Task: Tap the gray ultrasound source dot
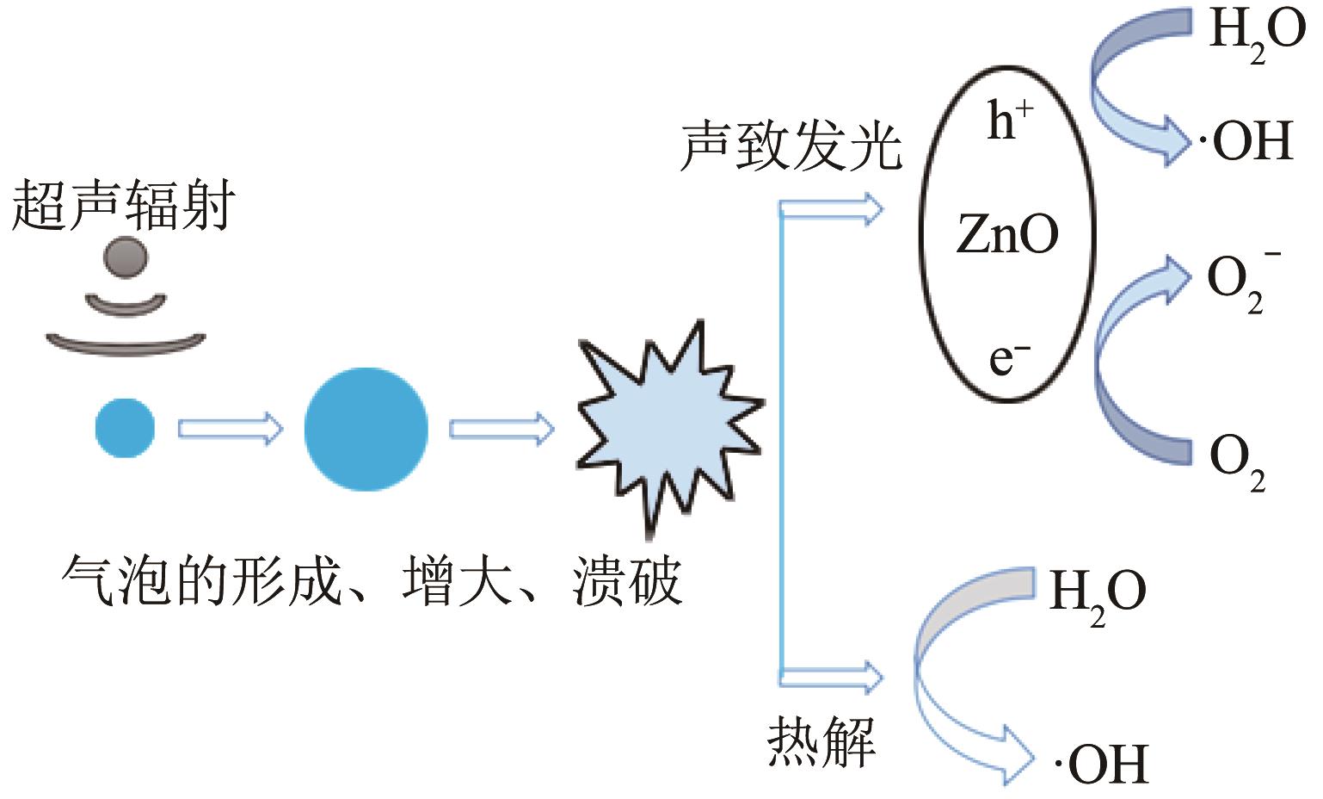(x=126, y=257)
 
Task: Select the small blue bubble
(x=125, y=427)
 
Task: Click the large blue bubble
(x=366, y=429)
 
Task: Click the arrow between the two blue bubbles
(x=230, y=428)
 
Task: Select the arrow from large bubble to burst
(x=502, y=428)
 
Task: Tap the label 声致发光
(x=791, y=147)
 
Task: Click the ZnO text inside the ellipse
(x=1007, y=234)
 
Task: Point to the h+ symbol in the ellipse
(x=1009, y=120)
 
